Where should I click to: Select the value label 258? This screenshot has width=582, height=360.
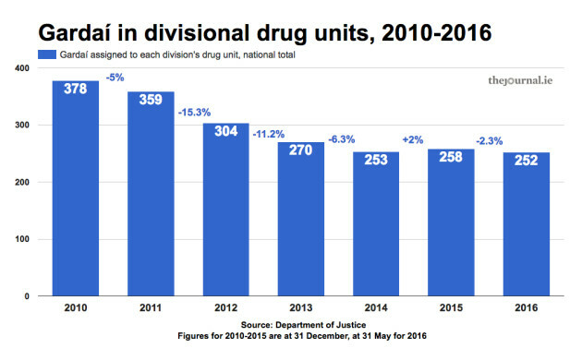452,158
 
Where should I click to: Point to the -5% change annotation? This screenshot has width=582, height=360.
115,78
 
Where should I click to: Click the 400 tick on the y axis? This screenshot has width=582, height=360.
21,68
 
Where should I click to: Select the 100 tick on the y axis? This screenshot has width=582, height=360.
21,239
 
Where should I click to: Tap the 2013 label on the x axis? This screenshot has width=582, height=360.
301,307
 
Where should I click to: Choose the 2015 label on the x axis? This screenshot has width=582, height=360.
452,307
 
